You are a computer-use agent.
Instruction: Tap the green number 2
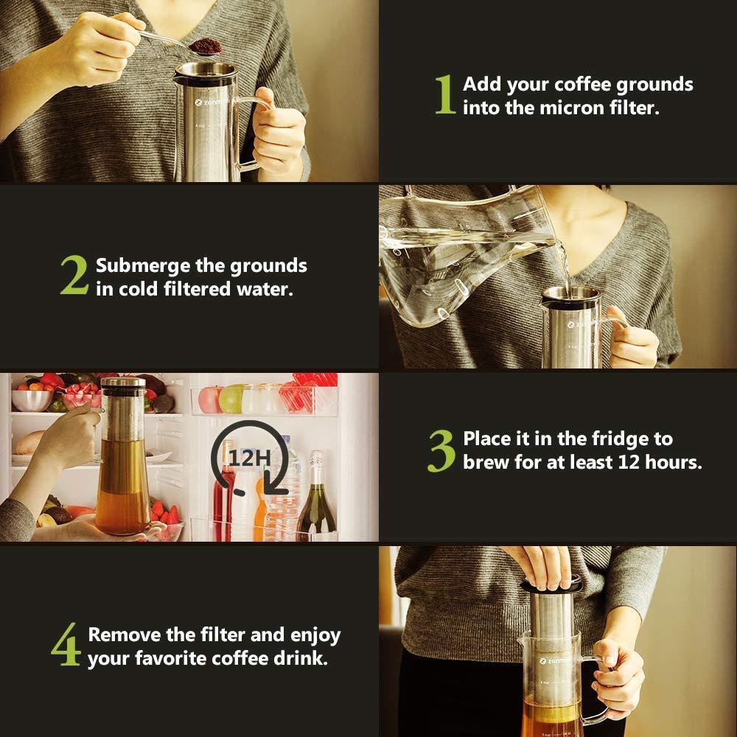pos(74,274)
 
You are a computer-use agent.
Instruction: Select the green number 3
pos(441,451)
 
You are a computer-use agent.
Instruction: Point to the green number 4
pos(66,644)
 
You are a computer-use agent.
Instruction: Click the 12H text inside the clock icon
pos(250,458)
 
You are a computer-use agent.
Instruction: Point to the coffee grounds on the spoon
pos(206,46)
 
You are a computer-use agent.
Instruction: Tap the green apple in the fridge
pos(232,399)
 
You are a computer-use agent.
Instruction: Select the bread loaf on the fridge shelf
pos(29,442)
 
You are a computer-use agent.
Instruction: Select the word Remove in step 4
pos(125,635)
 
